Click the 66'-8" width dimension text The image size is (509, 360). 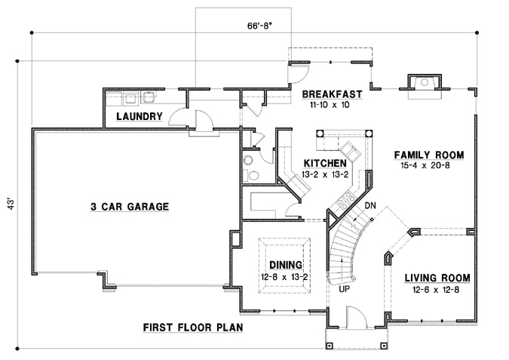click(x=259, y=26)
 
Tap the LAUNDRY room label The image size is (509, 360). click(x=140, y=117)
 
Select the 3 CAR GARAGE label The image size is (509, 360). click(x=130, y=206)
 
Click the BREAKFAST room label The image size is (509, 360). click(x=332, y=95)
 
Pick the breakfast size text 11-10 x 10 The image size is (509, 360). click(x=330, y=106)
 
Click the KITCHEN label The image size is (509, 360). click(x=325, y=164)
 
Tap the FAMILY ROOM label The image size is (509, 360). click(x=428, y=155)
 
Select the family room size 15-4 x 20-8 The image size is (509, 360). click(x=428, y=167)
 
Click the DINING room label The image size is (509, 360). click(x=286, y=266)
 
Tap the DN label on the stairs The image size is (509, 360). click(x=370, y=205)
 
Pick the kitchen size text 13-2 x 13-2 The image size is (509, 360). click(x=325, y=174)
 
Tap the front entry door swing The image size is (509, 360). click(x=353, y=318)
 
